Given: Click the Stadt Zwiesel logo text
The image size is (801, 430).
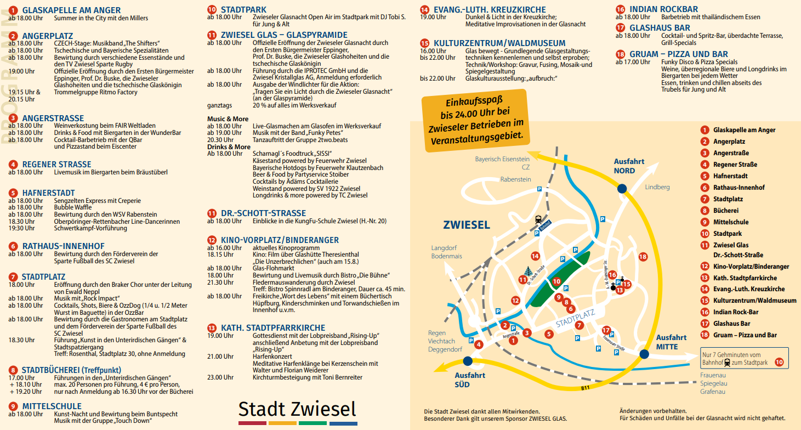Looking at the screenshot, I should [x=297, y=409].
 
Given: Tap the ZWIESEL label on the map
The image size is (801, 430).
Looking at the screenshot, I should [x=467, y=225].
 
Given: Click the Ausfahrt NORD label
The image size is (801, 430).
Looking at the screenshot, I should [x=628, y=166].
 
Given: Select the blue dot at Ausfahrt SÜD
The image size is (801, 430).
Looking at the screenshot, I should [x=467, y=361].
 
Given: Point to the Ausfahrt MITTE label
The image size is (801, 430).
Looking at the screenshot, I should [x=671, y=342].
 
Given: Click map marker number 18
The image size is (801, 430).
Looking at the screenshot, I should [x=643, y=257].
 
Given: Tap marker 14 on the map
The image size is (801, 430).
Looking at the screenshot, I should [x=535, y=256].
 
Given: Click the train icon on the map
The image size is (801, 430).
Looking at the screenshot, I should [x=538, y=219].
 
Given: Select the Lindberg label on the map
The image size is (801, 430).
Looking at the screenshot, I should [x=657, y=187].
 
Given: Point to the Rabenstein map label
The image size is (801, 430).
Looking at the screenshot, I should [x=515, y=179].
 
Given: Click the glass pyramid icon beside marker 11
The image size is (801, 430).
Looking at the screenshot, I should [x=527, y=271].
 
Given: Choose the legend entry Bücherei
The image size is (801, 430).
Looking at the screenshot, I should [x=725, y=211].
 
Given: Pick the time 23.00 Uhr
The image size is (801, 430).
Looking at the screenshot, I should [x=220, y=377].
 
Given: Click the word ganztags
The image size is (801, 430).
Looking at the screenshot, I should [x=219, y=105].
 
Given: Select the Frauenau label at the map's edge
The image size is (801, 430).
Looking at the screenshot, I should [x=713, y=375].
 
